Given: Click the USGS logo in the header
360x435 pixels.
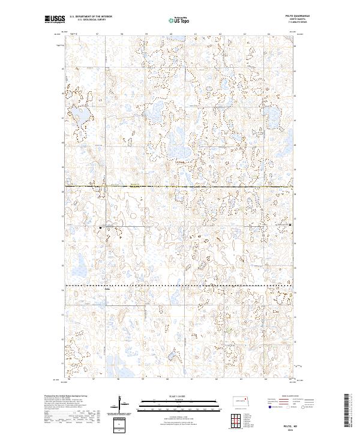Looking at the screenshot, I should tap(55, 20).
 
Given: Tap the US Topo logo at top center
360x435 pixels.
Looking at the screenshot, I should tap(179, 20).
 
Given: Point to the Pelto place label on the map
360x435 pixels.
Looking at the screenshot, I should tap(108, 289).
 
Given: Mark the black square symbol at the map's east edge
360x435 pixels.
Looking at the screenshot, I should tap(290, 225).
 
